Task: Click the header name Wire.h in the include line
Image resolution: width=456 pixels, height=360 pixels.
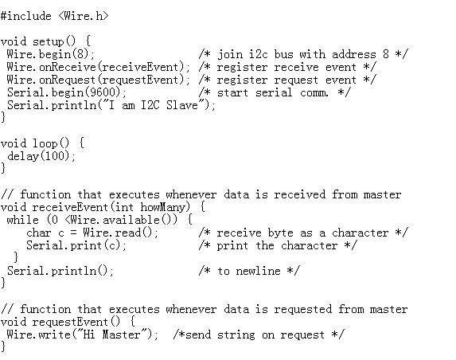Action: tap(84, 16)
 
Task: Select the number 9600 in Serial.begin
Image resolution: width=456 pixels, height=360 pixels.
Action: tap(103, 92)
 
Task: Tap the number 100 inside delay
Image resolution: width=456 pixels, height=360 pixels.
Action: tap(55, 156)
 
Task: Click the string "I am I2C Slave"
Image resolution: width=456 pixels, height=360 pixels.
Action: tap(154, 105)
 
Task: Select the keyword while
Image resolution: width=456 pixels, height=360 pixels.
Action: tap(22, 220)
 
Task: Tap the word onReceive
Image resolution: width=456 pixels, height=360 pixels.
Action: tap(68, 67)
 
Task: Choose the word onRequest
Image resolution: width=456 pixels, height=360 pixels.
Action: tap(68, 80)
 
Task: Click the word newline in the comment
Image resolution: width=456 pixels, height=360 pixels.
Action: tap(259, 271)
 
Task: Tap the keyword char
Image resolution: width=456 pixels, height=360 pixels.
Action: tap(39, 233)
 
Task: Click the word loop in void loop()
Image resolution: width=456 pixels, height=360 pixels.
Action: tap(45, 143)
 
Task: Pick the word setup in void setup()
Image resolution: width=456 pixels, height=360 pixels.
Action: tap(48, 41)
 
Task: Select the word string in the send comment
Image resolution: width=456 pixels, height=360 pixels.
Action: tap(236, 335)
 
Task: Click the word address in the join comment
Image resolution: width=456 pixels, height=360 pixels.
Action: tap(354, 54)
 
